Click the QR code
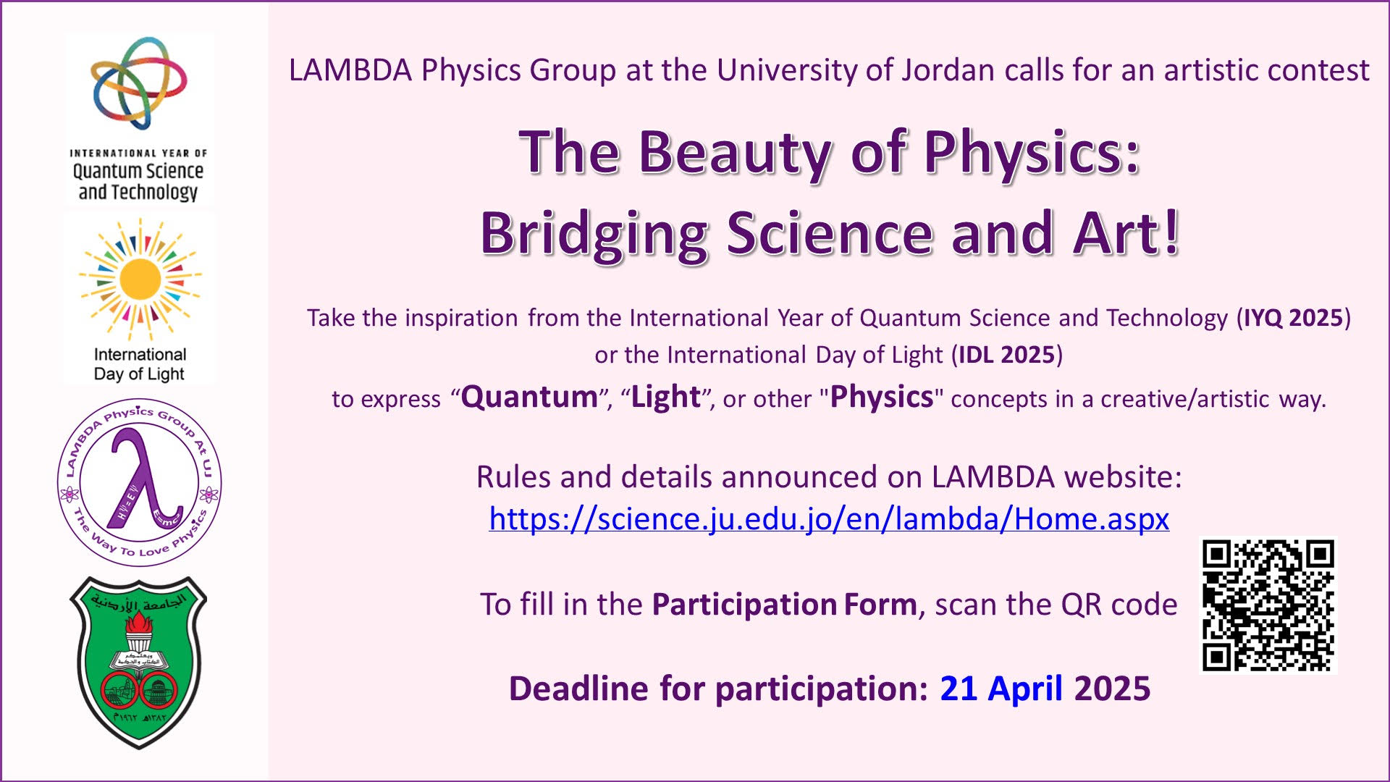[x=1268, y=605]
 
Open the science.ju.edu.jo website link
[x=829, y=518]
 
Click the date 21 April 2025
[x=1045, y=688]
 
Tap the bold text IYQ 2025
[x=1293, y=318]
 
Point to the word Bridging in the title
[x=594, y=233]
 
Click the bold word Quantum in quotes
[x=529, y=397]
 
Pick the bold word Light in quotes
[x=665, y=397]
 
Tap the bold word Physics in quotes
[x=881, y=397]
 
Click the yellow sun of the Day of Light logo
[x=140, y=279]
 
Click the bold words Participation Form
[x=784, y=605]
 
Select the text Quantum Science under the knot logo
[x=138, y=171]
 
